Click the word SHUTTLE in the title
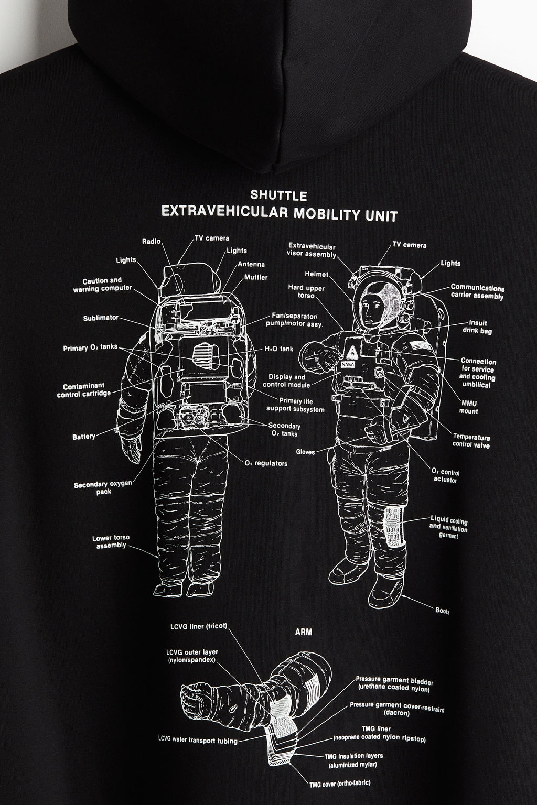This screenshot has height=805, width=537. (x=279, y=195)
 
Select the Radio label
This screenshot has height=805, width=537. (x=152, y=242)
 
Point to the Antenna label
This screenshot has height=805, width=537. (x=251, y=264)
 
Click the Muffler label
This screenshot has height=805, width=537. (x=256, y=277)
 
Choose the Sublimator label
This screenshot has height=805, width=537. (x=101, y=318)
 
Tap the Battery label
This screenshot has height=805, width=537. (x=84, y=437)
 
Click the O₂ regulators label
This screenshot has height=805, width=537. (x=266, y=464)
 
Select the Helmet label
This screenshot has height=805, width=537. (x=317, y=274)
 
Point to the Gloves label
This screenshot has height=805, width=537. (x=305, y=452)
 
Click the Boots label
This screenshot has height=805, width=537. (x=443, y=611)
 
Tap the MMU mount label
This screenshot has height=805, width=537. (x=469, y=407)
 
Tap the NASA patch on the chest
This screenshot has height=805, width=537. (x=348, y=364)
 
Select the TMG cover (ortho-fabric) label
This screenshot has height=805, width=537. (x=339, y=782)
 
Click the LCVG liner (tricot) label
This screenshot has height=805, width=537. (x=199, y=626)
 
